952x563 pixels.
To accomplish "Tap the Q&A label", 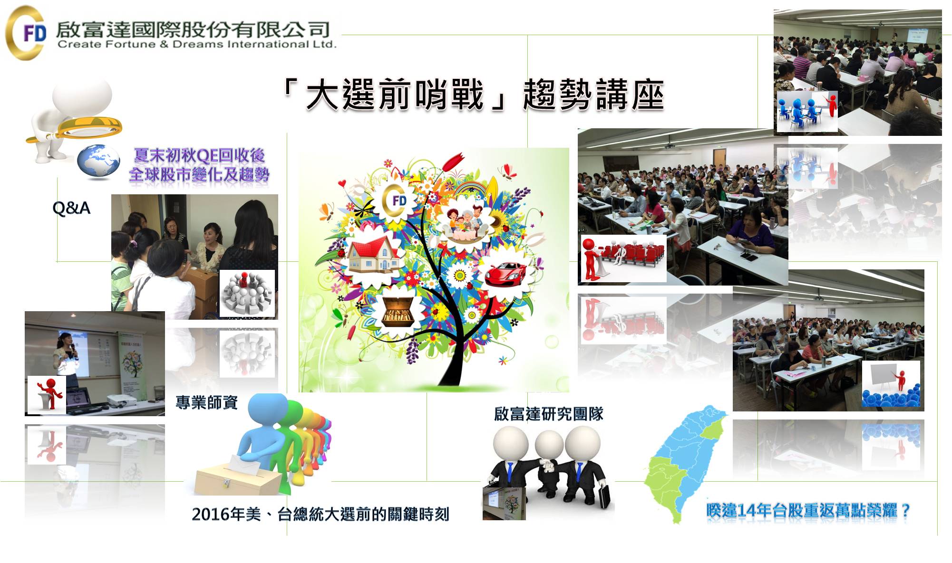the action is tap(71, 208).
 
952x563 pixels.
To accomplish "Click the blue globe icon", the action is tap(99, 162).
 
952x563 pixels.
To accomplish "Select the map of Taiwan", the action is tap(685, 463).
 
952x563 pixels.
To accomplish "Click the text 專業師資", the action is tap(207, 402).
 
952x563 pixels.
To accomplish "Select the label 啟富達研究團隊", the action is tap(549, 414).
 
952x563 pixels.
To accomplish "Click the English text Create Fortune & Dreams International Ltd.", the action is tap(197, 45).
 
